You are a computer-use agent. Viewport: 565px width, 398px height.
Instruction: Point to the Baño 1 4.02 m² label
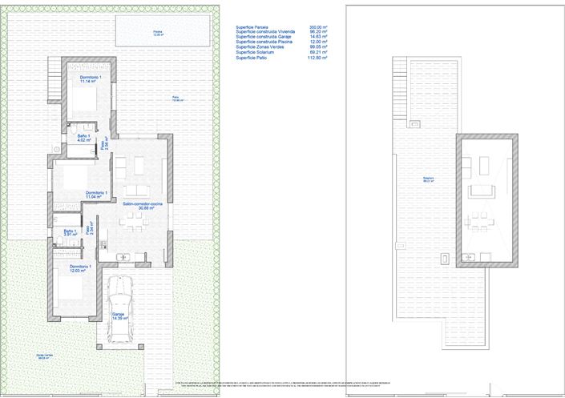coord(83,139)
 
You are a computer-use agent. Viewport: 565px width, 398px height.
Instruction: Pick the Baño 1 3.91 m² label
coord(69,233)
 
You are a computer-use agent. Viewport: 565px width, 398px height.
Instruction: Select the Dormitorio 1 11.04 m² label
coord(95,195)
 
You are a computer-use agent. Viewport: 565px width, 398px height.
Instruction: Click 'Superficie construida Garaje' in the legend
coord(265,37)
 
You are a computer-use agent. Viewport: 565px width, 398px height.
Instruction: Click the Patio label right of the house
coord(177,99)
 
